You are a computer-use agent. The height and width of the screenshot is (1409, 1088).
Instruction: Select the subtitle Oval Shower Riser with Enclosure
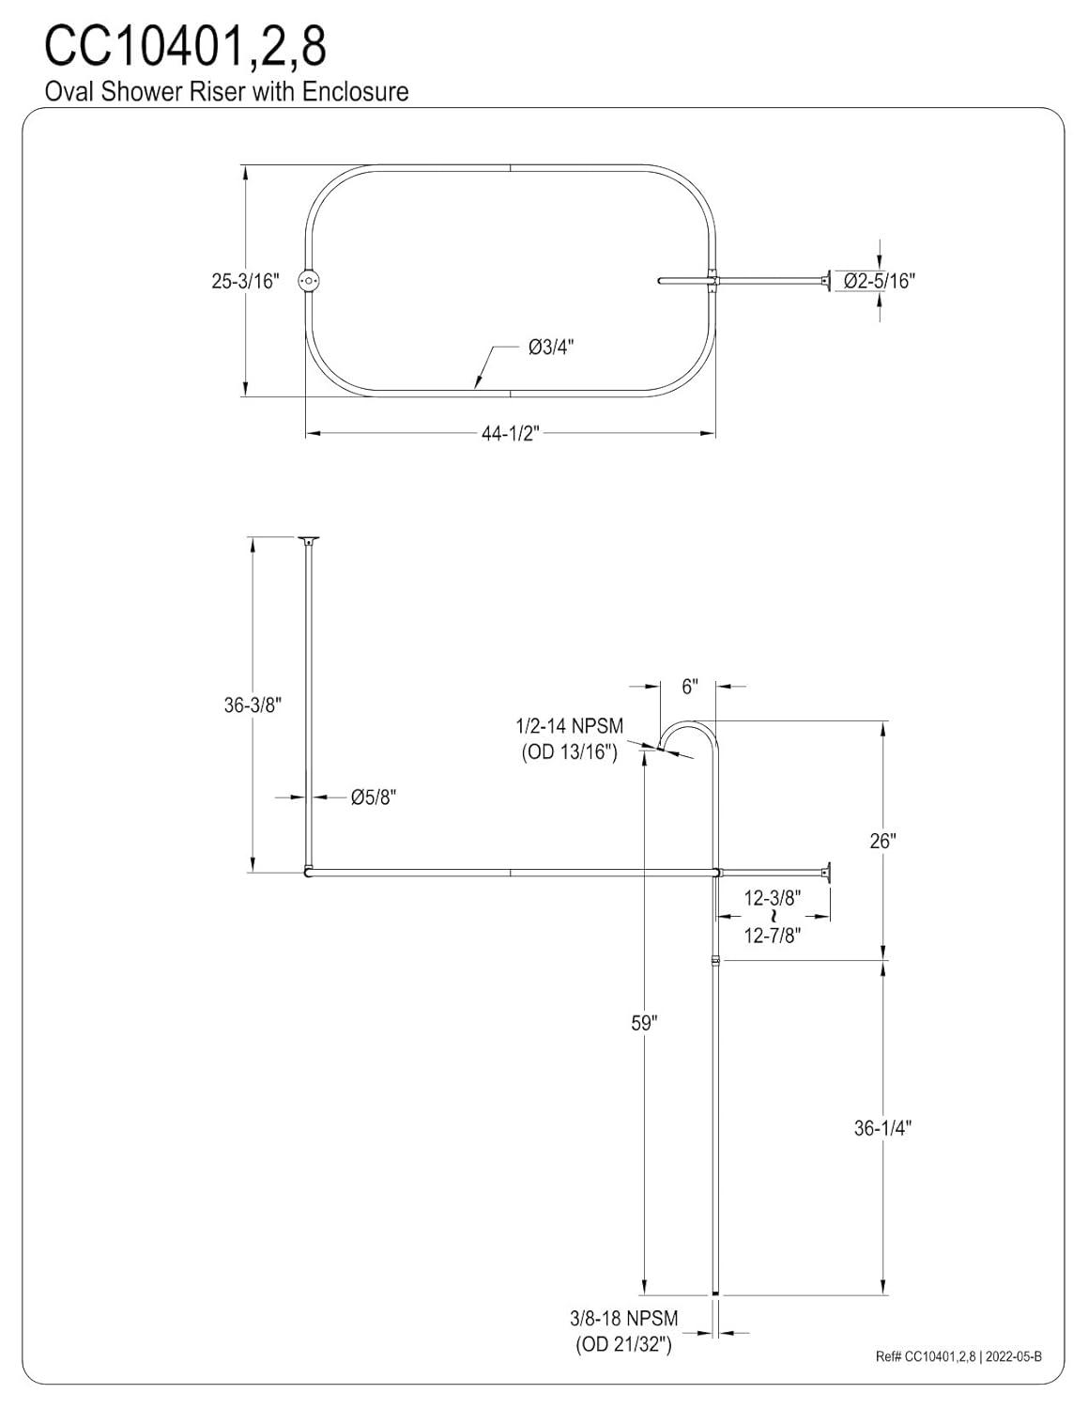pos(226,91)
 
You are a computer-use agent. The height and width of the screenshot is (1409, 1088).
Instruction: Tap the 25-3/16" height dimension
pos(245,281)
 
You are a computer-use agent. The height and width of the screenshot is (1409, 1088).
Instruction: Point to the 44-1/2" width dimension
pos(511,433)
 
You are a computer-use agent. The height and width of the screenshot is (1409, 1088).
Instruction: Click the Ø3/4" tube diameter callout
pos(550,347)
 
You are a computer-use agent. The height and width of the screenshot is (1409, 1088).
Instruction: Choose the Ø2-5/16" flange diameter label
pos(879,280)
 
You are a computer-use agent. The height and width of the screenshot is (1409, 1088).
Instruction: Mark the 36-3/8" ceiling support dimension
pos(253,704)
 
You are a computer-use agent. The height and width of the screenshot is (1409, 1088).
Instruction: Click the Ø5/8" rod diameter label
pos(374,797)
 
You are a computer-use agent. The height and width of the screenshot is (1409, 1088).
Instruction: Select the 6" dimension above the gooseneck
pos(690,687)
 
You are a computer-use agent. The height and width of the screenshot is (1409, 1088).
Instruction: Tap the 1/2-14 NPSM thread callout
pos(569,727)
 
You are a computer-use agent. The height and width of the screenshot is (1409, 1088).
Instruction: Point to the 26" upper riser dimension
pos(882,841)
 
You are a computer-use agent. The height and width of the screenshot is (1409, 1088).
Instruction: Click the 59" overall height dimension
pos(644,1023)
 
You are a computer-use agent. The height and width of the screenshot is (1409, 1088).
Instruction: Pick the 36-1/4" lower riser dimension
pos(882,1128)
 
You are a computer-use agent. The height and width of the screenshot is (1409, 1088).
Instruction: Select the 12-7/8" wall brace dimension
pos(773,936)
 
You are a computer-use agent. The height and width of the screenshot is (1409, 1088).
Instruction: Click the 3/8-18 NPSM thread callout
pos(623,1320)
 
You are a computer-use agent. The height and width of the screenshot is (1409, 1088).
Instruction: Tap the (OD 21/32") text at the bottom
pos(623,1345)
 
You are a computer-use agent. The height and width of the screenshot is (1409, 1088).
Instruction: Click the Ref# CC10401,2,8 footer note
pos(958,1356)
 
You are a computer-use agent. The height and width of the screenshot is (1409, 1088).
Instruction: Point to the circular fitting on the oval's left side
pos(309,281)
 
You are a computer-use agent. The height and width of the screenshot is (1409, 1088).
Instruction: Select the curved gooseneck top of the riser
pos(690,728)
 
